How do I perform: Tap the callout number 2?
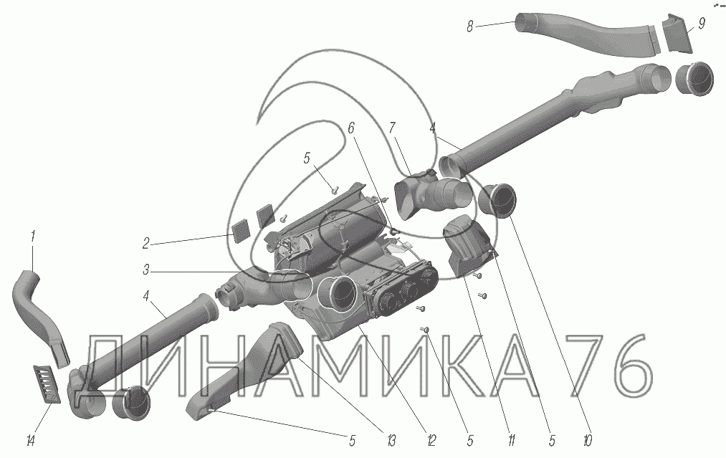(145, 244)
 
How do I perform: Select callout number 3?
(145, 270)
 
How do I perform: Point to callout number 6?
(351, 127)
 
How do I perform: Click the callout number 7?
(392, 127)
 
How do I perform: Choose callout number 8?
(469, 27)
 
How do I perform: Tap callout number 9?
(701, 24)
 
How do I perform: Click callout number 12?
(431, 439)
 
